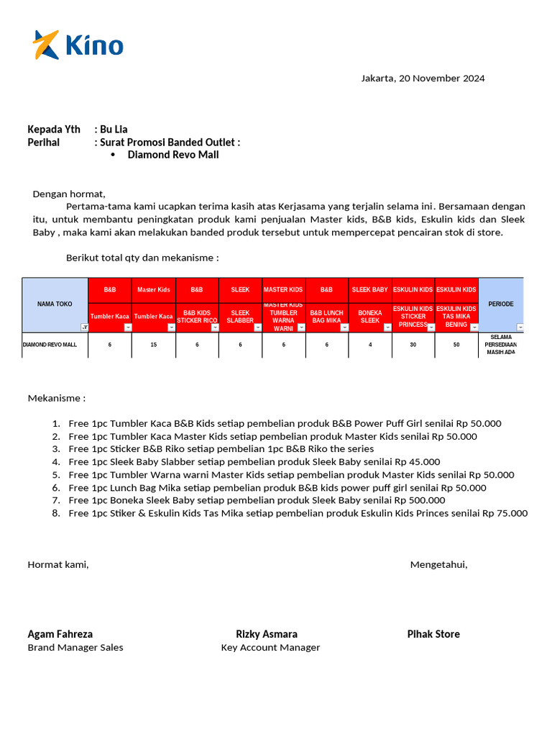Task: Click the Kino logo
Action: pyautogui.click(x=78, y=45)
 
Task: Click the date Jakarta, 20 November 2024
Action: pyautogui.click(x=423, y=78)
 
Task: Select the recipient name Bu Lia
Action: pyautogui.click(x=114, y=130)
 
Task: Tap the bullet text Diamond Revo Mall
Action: pyautogui.click(x=173, y=155)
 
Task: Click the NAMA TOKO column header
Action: pyautogui.click(x=55, y=304)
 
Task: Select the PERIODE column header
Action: pyautogui.click(x=501, y=304)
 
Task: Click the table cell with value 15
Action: pyautogui.click(x=153, y=345)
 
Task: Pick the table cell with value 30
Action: pyautogui.click(x=413, y=345)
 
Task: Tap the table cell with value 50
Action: pyautogui.click(x=456, y=345)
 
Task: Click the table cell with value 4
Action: pyautogui.click(x=370, y=345)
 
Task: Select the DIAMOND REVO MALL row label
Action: pyautogui.click(x=50, y=345)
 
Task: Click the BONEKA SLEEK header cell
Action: pyautogui.click(x=370, y=317)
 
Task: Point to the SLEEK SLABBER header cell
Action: pyautogui.click(x=240, y=317)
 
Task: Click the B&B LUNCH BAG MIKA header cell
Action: pyautogui.click(x=326, y=317)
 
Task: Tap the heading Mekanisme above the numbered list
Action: pyautogui.click(x=56, y=398)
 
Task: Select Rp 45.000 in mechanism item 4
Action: pyautogui.click(x=415, y=462)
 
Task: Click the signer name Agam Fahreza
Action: pyautogui.click(x=60, y=634)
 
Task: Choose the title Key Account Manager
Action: pyautogui.click(x=270, y=648)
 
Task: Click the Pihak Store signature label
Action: pyautogui.click(x=433, y=634)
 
